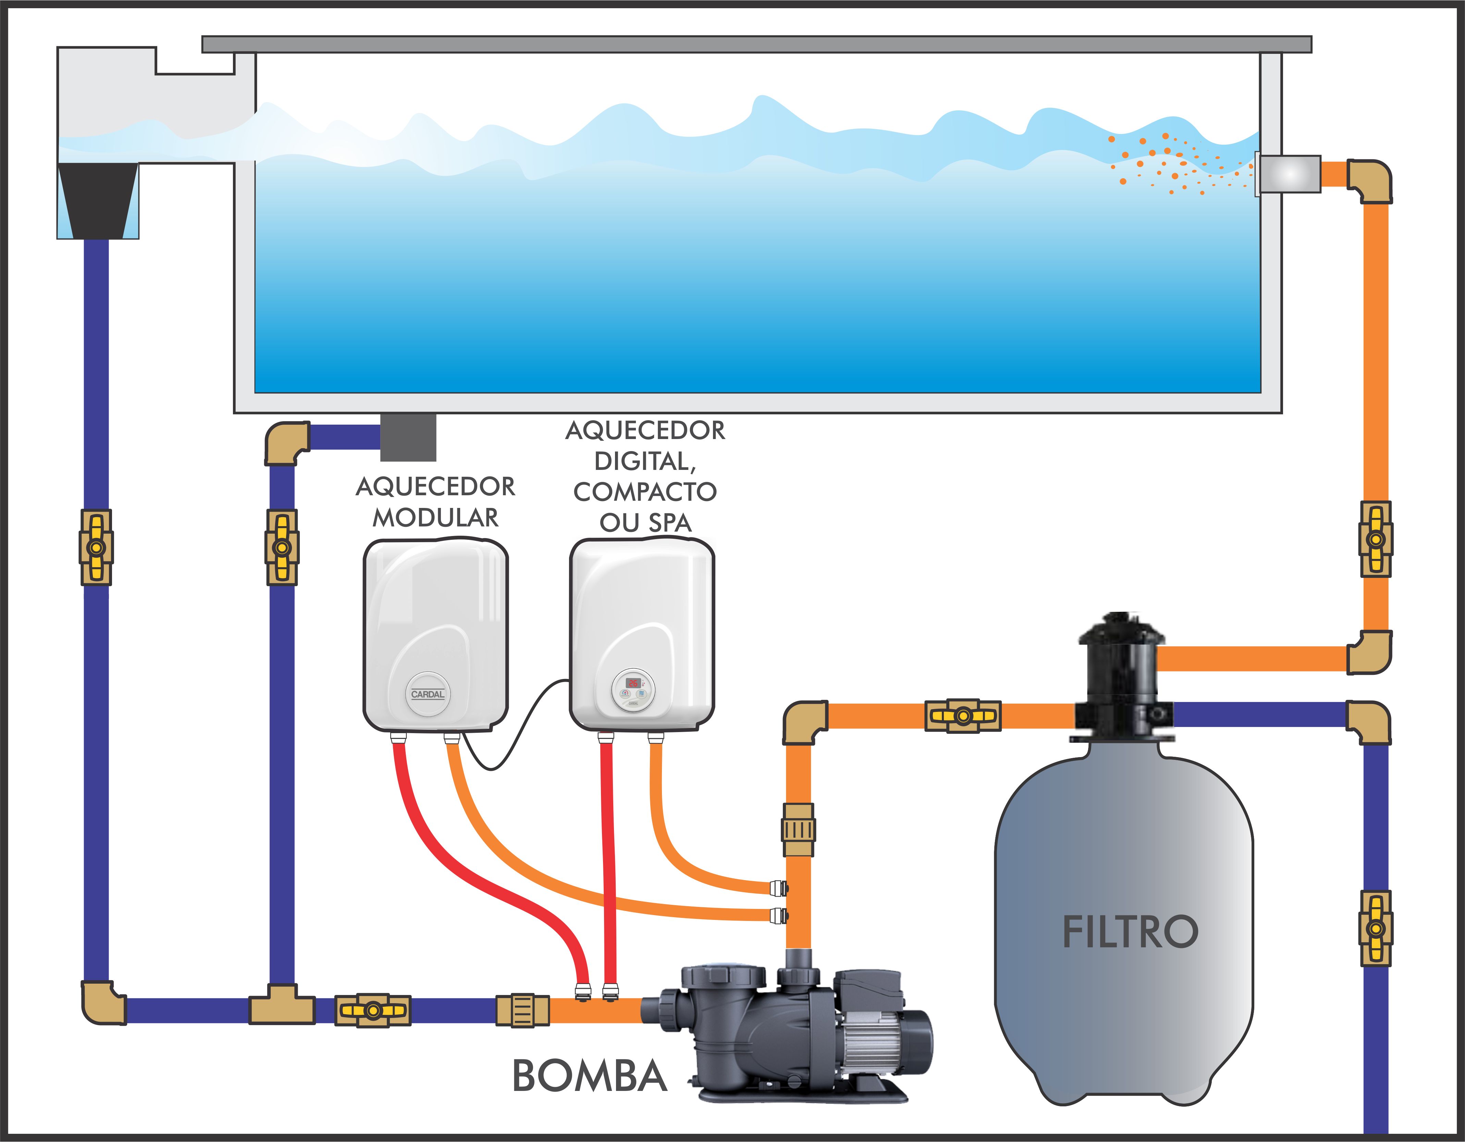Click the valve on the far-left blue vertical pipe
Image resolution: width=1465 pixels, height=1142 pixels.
(x=97, y=547)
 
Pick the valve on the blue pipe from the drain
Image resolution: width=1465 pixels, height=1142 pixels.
(x=282, y=547)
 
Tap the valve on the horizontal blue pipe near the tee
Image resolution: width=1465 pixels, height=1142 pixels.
(x=373, y=1010)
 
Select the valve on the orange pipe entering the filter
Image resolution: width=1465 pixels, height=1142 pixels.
(x=963, y=716)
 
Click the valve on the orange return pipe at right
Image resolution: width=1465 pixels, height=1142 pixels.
(x=1376, y=539)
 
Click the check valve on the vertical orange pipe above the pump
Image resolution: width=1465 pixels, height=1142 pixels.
(x=798, y=830)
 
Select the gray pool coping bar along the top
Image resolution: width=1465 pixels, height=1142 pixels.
(x=756, y=44)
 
